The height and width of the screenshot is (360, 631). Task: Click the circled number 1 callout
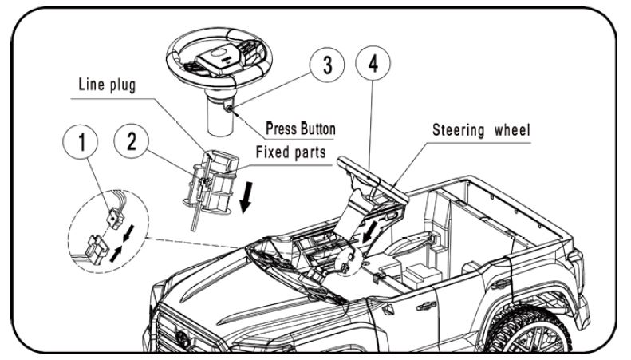pos(81,143)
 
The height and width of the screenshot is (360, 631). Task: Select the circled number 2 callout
pos(131,141)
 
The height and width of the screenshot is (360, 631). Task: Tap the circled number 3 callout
pos(327,65)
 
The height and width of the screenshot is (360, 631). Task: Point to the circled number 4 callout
pos(373,63)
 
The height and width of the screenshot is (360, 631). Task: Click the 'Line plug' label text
pos(107,85)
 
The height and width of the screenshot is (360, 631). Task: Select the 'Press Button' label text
pos(301,129)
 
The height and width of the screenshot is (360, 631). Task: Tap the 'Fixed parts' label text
pos(290,152)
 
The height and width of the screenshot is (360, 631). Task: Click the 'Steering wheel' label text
pos(481,129)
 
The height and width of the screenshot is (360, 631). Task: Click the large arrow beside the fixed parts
pos(246,197)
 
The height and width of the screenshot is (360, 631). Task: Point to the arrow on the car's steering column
pos(370,232)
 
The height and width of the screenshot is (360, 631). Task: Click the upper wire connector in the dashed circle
pos(115,219)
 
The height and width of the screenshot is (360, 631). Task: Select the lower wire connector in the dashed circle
pos(98,250)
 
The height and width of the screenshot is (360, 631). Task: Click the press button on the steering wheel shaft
pos(229,108)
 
